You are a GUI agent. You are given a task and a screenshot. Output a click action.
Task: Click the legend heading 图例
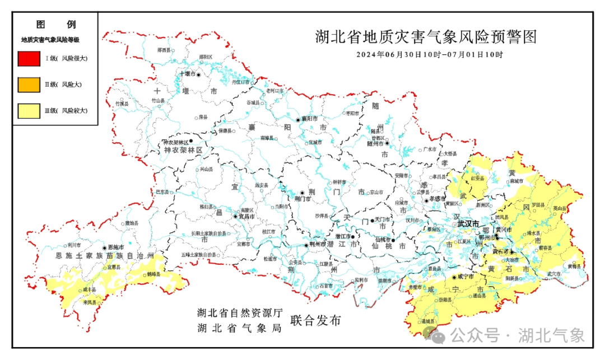tap(55, 24)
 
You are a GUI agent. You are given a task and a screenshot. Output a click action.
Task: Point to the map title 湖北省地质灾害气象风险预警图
tap(426, 37)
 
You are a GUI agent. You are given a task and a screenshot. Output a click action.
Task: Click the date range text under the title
tap(429, 55)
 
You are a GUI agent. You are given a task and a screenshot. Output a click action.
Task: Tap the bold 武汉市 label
tap(468, 224)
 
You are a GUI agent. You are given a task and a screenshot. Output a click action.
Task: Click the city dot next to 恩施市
tap(104, 247)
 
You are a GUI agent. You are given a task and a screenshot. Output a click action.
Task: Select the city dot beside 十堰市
tap(198, 74)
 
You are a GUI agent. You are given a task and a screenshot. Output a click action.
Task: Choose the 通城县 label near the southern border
tap(429, 321)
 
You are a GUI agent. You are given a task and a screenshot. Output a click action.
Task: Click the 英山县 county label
tap(559, 208)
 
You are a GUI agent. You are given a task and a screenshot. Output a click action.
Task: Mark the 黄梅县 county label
tap(573, 266)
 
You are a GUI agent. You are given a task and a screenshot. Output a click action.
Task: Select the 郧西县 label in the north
tap(164, 50)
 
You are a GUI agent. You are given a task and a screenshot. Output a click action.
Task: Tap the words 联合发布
tap(315, 321)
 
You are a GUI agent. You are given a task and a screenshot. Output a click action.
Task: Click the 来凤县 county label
tap(90, 302)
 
